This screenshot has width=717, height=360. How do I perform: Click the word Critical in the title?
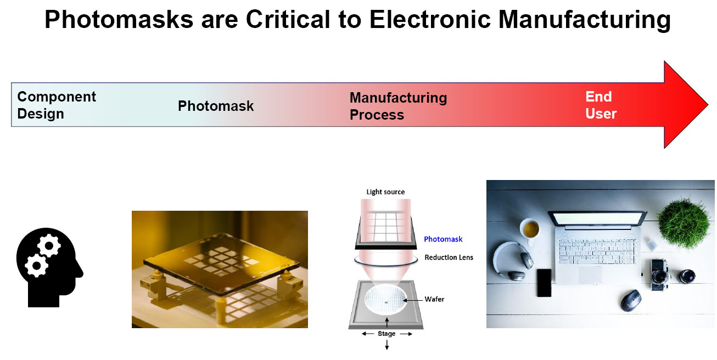click(288, 20)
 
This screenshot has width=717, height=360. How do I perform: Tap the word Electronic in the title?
click(430, 20)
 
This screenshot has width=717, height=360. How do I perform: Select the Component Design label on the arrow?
click(57, 105)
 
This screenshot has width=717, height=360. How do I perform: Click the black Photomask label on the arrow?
click(216, 106)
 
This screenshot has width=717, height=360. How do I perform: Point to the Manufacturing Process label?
click(398, 106)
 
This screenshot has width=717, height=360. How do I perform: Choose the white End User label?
click(601, 105)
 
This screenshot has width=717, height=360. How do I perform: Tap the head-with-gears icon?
click(49, 267)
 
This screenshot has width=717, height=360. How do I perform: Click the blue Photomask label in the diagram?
click(443, 239)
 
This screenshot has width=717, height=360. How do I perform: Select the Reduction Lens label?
click(449, 257)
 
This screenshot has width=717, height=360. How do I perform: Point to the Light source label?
click(385, 192)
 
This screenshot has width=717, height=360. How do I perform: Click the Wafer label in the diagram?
click(434, 299)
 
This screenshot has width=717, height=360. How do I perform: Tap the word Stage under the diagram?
click(386, 334)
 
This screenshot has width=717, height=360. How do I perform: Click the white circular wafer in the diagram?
click(386, 300)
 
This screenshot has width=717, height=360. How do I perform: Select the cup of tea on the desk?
click(530, 230)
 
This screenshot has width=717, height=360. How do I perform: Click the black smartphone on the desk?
click(544, 283)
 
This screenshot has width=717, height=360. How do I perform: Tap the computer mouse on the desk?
click(631, 300)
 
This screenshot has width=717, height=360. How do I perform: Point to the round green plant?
click(684, 223)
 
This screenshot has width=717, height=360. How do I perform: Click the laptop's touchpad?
click(590, 274)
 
